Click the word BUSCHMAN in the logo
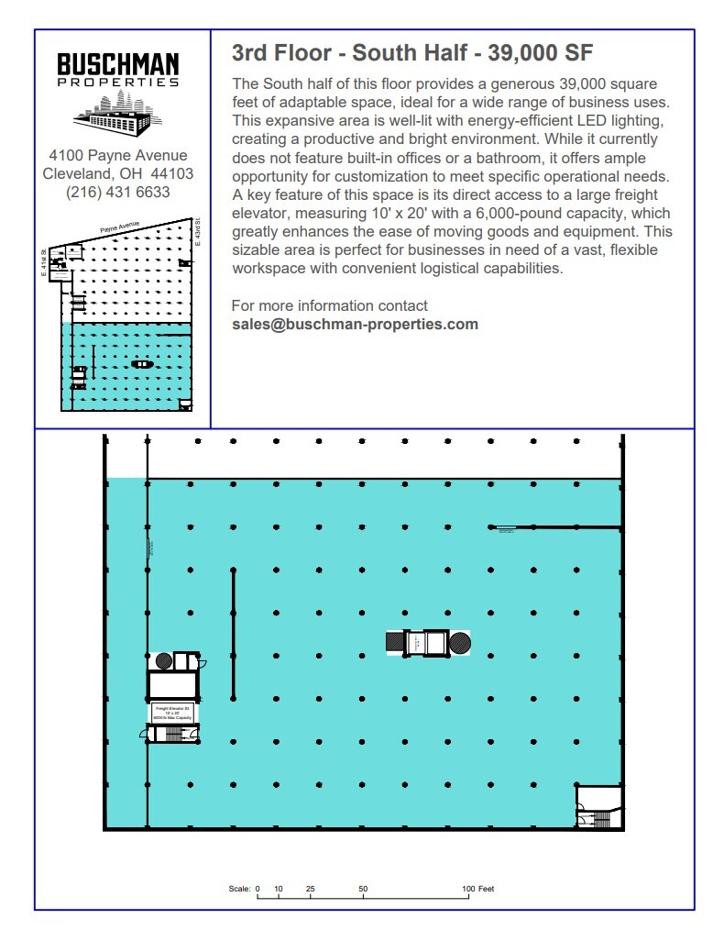coord(118,65)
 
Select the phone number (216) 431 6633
coord(118,193)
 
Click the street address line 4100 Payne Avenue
coord(118,155)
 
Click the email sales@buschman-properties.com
coord(355,324)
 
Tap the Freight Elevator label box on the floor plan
coord(172,713)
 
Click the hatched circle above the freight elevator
coord(164,659)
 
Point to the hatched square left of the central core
coord(395,643)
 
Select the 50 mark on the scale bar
coord(363,889)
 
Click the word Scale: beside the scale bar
coord(239,889)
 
